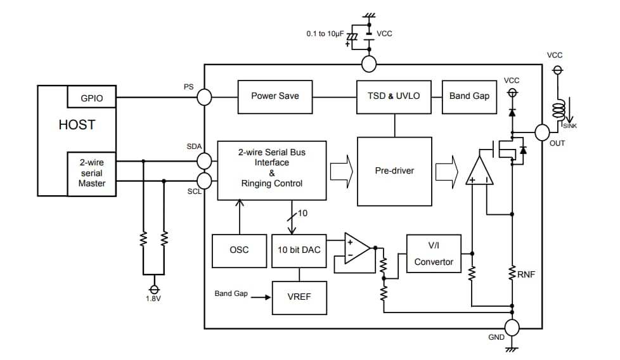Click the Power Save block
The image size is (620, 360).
coord(274,96)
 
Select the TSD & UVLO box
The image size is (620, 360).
coord(394,96)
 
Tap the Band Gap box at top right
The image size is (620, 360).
coord(468,96)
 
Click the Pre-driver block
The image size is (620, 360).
coord(394,171)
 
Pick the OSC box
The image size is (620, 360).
coord(239,250)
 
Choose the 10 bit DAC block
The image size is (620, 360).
coord(299,250)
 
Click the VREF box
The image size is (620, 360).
coord(299,297)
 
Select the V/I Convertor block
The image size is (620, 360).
coord(434,254)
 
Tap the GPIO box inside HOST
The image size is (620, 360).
coord(91,98)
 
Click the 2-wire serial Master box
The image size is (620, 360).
coord(91,173)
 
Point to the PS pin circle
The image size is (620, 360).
coord(204,97)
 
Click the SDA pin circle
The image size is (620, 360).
coord(204,161)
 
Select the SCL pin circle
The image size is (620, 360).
coord(204,180)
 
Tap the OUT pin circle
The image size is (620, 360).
coord(542,132)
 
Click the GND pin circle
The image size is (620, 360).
coord(512,327)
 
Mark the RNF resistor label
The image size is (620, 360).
coord(527,274)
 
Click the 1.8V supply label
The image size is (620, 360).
coord(153,298)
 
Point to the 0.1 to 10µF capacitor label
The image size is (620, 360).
coord(326,33)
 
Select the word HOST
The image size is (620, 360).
coord(77,125)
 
